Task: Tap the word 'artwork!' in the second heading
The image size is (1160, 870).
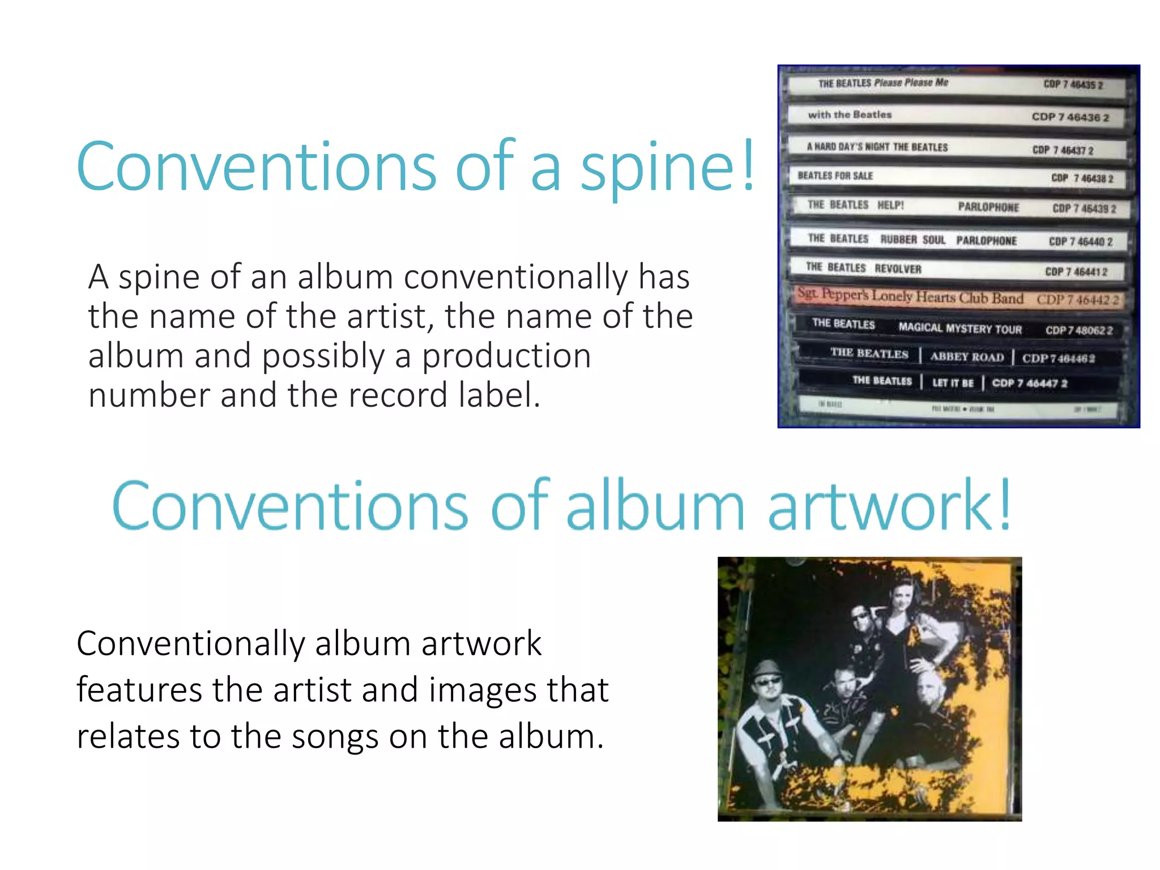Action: (x=889, y=506)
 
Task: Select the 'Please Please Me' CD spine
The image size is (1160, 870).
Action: (x=957, y=84)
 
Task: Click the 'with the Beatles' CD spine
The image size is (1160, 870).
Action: (x=957, y=116)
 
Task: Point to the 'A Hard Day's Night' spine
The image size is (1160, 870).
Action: (x=957, y=148)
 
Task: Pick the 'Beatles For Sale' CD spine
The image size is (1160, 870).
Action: (x=957, y=177)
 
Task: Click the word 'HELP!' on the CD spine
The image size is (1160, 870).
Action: (x=890, y=205)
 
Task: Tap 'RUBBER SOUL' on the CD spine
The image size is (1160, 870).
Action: (x=912, y=240)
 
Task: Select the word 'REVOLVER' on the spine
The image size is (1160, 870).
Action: (x=898, y=269)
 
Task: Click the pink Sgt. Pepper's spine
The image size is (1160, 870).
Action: (x=957, y=297)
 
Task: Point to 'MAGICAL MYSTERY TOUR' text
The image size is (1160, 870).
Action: (x=960, y=328)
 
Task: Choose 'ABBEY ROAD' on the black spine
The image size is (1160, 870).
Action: (x=967, y=357)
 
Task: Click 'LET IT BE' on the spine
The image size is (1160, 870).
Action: (x=953, y=383)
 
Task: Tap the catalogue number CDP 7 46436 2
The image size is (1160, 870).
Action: (x=1070, y=117)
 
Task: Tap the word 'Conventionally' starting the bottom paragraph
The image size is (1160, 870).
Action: (x=190, y=644)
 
